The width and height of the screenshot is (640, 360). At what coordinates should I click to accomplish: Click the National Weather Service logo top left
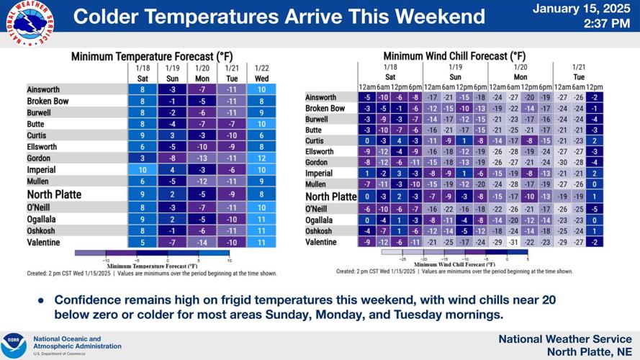point(28,24)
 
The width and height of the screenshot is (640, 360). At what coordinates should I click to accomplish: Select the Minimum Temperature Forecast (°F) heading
point(152,55)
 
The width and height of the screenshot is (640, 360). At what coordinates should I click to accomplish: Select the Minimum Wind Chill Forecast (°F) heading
point(454,55)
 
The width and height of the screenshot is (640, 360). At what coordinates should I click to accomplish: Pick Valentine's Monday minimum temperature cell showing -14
point(202,243)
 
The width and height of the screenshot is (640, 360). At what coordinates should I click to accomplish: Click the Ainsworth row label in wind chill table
point(320,97)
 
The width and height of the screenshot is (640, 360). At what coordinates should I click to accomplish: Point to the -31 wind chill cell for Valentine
point(513,242)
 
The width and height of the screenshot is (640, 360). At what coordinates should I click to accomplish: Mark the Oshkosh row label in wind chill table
point(318,231)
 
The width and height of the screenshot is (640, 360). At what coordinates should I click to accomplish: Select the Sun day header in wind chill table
point(455,76)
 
